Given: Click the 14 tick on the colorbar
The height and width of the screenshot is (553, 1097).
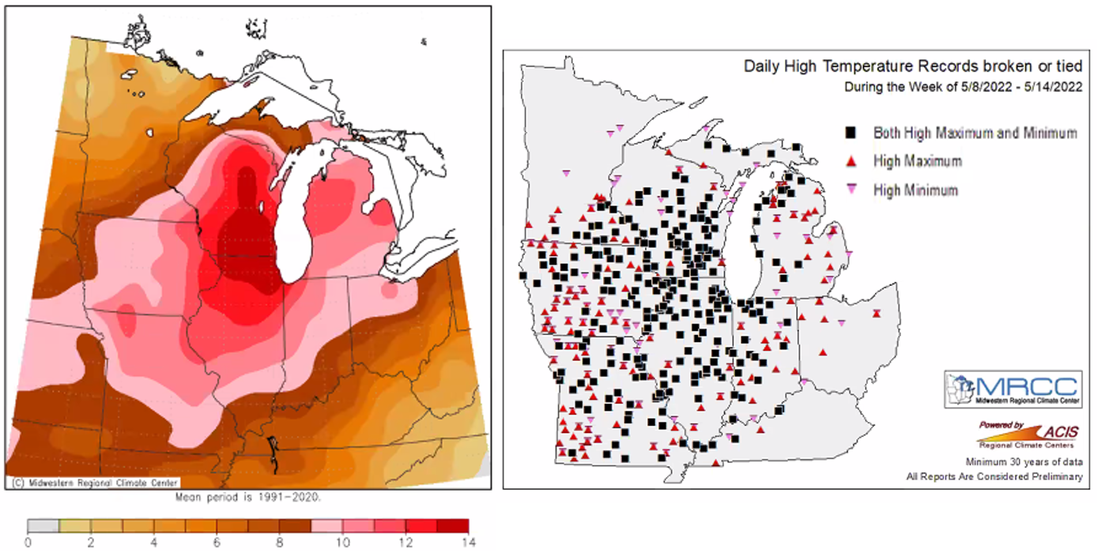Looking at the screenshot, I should coord(469,543).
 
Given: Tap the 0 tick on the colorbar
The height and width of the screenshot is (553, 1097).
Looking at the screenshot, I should coord(28,543).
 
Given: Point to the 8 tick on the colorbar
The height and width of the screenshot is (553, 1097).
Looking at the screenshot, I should coord(280,543).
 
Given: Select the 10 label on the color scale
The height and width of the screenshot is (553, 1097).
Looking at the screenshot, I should coord(342,543).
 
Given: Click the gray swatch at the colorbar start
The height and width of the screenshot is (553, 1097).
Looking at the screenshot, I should coord(43,526).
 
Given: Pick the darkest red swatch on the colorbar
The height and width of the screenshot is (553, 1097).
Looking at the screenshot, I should coord(453,526).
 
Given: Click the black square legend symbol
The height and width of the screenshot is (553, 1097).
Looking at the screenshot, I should coord(850,133).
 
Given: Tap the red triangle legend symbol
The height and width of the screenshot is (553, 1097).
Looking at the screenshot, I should coord(850,161).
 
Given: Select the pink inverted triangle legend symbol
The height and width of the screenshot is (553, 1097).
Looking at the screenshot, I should coord(850,190).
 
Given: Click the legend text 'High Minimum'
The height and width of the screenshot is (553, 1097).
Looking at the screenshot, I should coord(915,190).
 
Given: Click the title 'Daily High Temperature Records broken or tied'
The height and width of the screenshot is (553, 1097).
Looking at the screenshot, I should coord(913,66).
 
